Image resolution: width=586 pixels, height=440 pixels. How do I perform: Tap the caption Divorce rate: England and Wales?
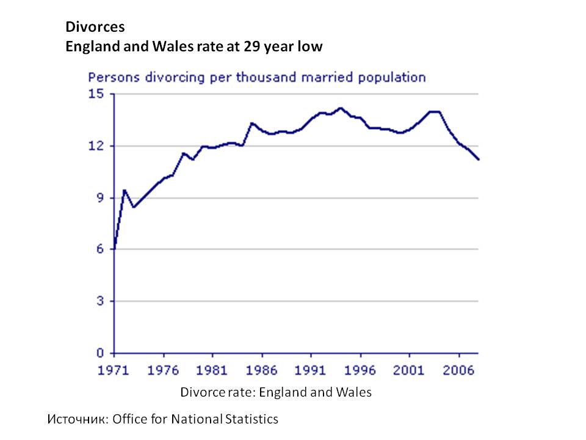(x=275, y=392)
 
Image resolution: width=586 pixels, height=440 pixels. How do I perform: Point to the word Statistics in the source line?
(x=251, y=419)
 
